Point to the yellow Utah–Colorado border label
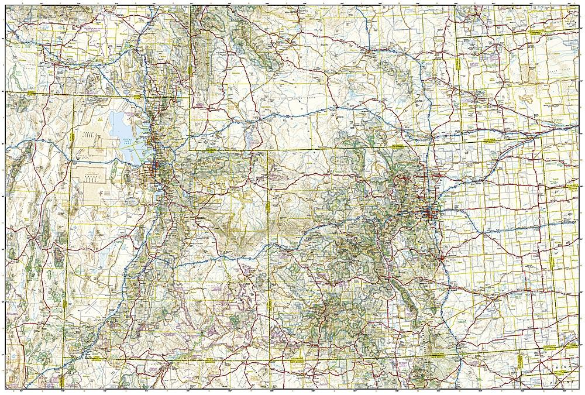coord(270,208)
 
